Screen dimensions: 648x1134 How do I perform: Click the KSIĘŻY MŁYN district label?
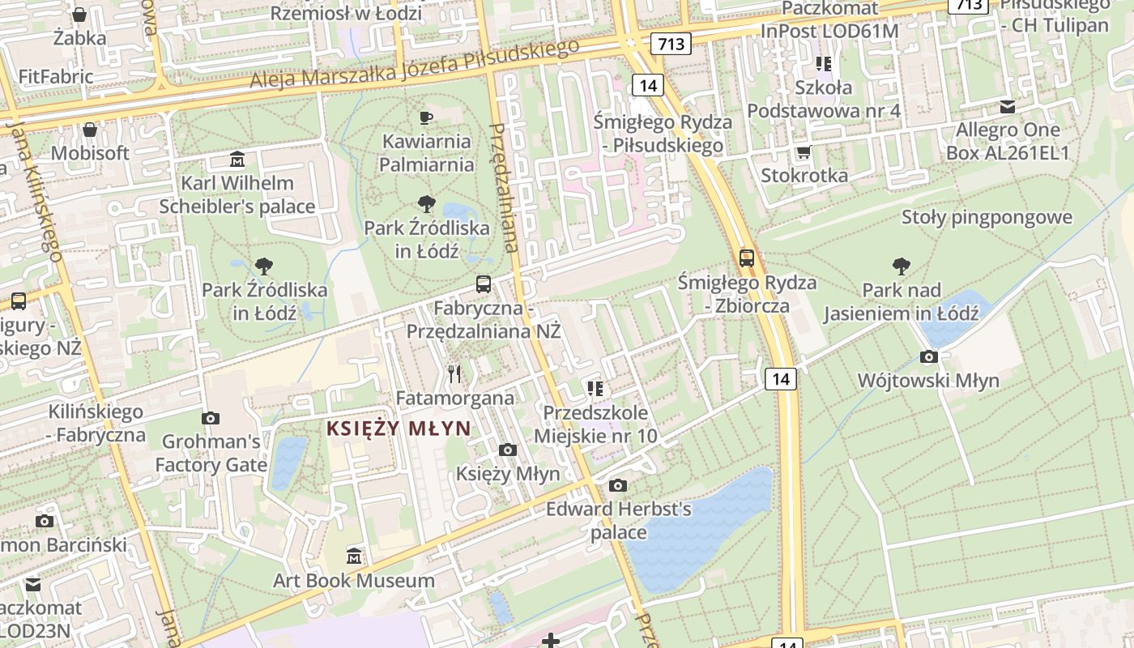coord(398,428)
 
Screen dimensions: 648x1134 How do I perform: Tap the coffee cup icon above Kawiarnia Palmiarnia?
coord(426,118)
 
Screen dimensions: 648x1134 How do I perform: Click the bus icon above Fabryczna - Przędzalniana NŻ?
coord(484,283)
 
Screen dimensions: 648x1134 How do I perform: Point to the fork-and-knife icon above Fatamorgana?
coord(454,373)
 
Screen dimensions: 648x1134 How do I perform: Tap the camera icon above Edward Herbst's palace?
coord(618,485)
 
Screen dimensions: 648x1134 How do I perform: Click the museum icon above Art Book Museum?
coord(354,556)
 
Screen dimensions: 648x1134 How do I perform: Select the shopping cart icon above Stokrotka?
coord(804,151)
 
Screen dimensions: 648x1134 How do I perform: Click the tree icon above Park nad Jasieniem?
coord(901,266)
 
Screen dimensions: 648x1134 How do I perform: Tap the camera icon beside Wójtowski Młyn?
coord(929,356)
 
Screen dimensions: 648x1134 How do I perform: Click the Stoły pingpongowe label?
coord(987,217)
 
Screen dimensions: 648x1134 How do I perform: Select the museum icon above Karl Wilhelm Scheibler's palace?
coord(237,158)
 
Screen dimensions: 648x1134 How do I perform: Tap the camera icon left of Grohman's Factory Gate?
coord(211,418)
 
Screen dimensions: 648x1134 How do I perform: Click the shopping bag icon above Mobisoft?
coord(90,130)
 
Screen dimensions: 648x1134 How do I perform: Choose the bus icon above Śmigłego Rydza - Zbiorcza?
coord(747,258)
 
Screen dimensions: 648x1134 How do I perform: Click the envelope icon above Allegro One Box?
coord(1008,106)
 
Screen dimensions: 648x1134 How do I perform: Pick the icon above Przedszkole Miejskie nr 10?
coord(595,389)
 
